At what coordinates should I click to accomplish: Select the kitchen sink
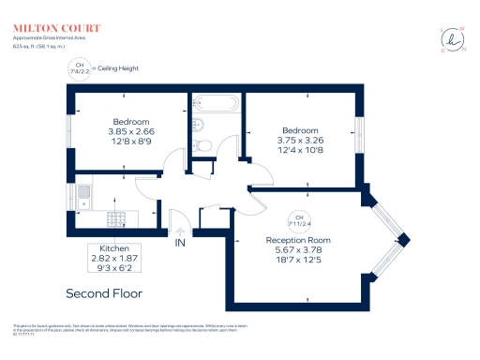pyautogui.click(x=83, y=196)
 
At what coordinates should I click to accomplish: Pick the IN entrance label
pyautogui.click(x=180, y=243)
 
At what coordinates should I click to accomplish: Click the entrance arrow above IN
pyautogui.click(x=180, y=230)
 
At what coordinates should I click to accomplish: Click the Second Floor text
pyautogui.click(x=103, y=293)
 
